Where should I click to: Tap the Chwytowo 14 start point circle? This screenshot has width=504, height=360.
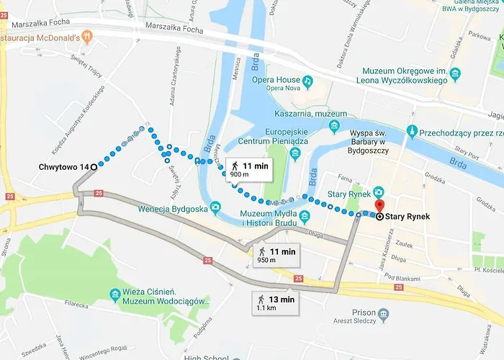[94, 167]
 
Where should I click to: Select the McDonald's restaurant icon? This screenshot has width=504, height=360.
[86, 35]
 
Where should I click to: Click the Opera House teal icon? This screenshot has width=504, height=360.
[307, 81]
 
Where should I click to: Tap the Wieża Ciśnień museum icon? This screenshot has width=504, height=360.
[115, 295]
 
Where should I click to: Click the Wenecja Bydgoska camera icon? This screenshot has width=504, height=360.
[214, 210]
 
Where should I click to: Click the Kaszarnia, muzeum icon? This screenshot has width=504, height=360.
[333, 127]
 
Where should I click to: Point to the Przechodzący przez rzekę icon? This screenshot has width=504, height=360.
[411, 132]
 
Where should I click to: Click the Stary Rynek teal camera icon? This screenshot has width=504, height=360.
[379, 193]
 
